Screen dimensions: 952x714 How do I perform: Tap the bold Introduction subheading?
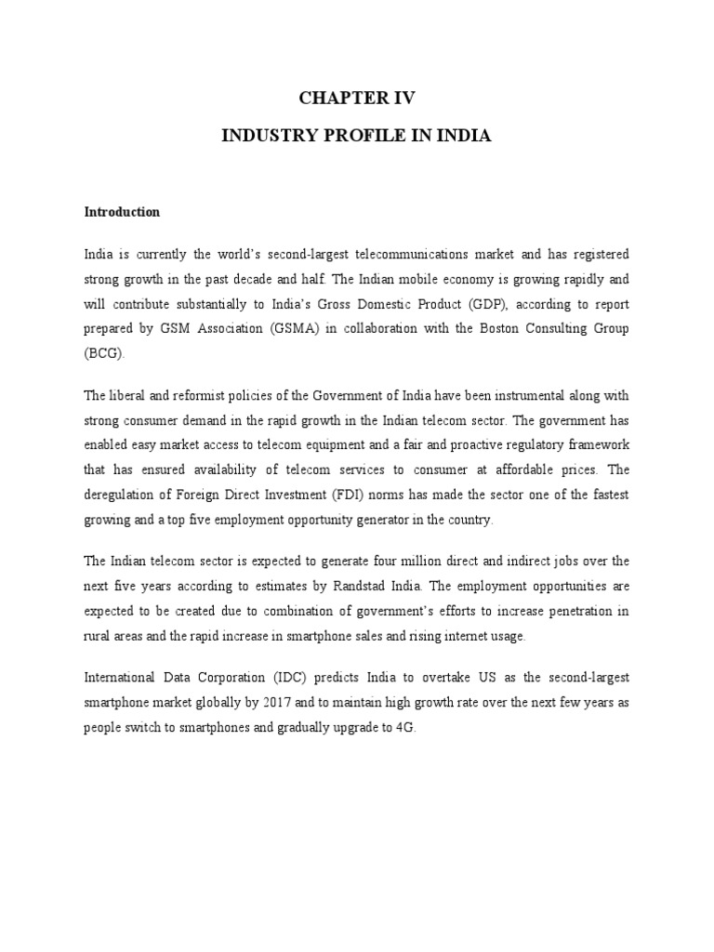(x=122, y=212)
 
